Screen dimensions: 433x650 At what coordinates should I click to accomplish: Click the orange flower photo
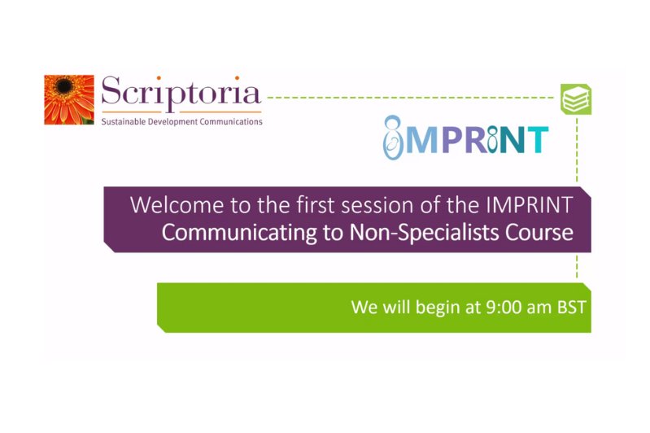click(69, 100)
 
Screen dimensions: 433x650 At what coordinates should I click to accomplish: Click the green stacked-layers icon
click(576, 99)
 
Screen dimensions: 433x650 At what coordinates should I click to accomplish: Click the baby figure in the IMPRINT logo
click(394, 139)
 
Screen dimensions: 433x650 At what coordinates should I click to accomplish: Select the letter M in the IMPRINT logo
click(423, 139)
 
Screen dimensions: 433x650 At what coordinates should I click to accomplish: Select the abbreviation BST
click(571, 308)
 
